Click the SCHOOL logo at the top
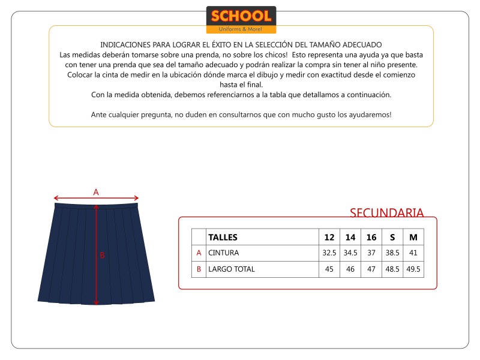[x=241, y=19]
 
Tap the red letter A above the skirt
[x=96, y=192]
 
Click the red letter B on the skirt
[x=102, y=255]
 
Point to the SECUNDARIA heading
[x=386, y=213]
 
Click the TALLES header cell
[x=223, y=237]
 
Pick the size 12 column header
[x=329, y=237]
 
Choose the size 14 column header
[x=350, y=237]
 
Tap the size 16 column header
[x=371, y=237]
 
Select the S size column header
[x=392, y=237]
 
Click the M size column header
[x=413, y=237]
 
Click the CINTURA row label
[x=224, y=253]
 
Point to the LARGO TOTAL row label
[x=232, y=269]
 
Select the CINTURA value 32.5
[x=329, y=253]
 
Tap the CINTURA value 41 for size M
[x=413, y=253]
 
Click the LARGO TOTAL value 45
[x=329, y=269]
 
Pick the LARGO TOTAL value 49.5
[x=413, y=269]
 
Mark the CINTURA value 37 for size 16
[x=371, y=253]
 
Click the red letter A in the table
[x=199, y=253]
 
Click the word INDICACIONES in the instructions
[x=125, y=45]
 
